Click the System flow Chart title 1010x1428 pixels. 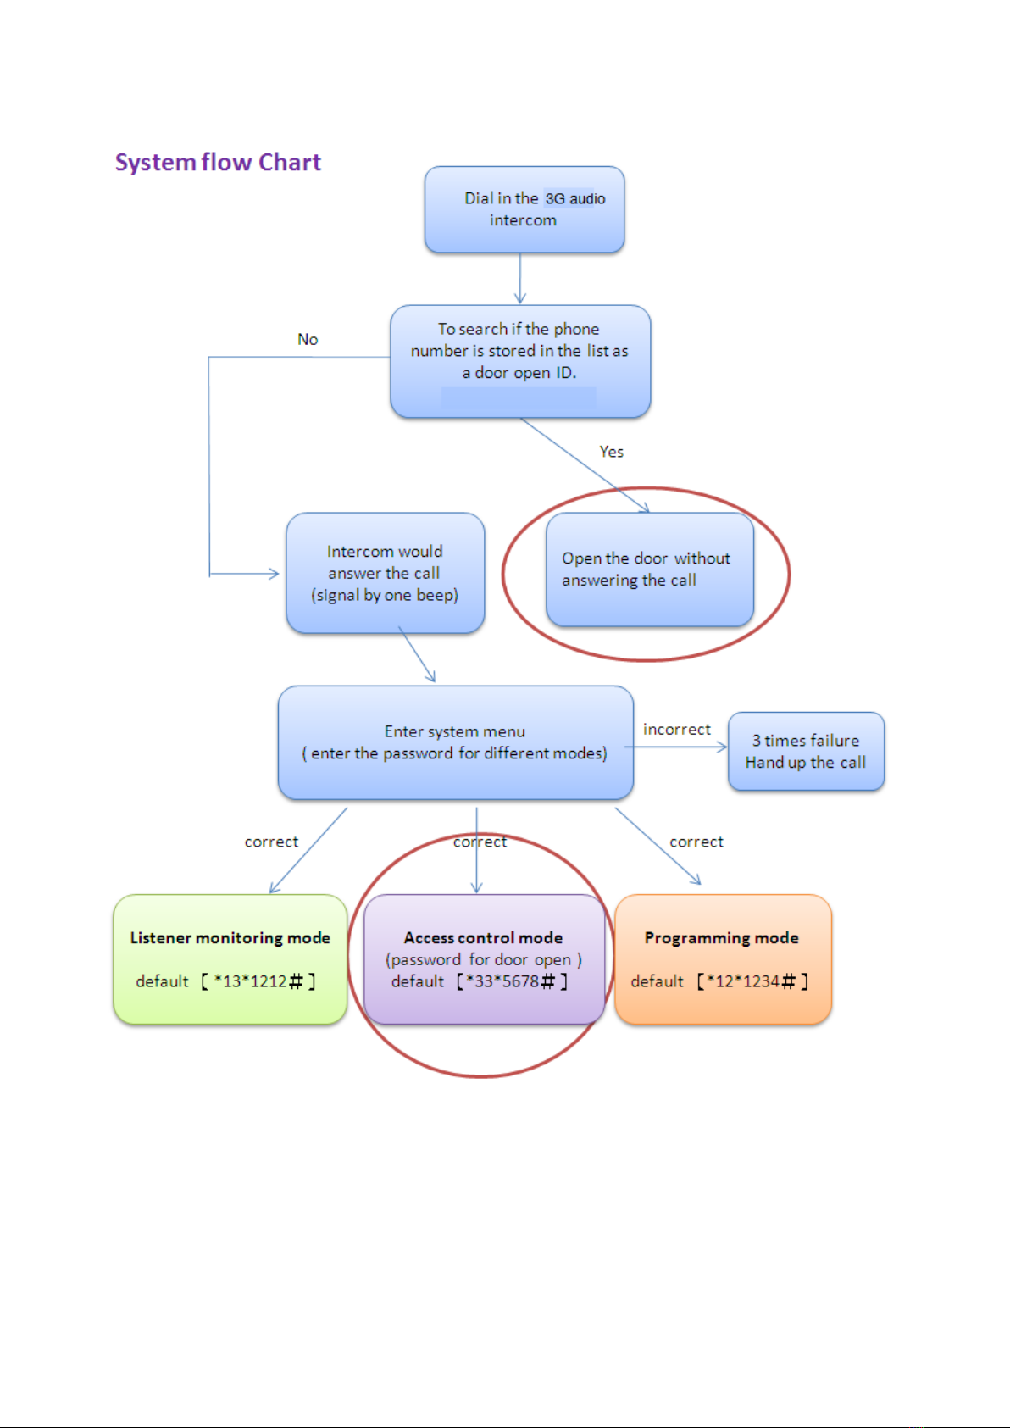click(x=218, y=163)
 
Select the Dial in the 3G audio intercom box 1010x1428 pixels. click(x=524, y=209)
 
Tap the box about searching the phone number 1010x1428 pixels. click(x=520, y=362)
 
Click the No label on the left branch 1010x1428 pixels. click(x=308, y=339)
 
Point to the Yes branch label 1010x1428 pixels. click(x=611, y=452)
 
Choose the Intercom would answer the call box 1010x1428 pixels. click(x=386, y=573)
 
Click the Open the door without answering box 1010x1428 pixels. click(x=650, y=570)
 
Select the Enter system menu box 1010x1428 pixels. click(x=456, y=742)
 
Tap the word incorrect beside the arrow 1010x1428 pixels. click(x=677, y=730)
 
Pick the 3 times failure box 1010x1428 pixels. click(x=806, y=752)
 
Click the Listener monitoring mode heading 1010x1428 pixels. click(x=230, y=938)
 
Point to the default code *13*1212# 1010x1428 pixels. click(x=258, y=981)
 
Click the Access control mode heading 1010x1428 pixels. click(x=484, y=938)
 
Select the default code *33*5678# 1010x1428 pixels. click(x=513, y=981)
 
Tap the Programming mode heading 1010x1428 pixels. click(x=721, y=938)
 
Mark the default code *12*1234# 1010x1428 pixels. click(x=752, y=981)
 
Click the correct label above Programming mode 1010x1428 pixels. click(x=696, y=842)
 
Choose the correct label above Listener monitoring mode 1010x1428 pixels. click(x=271, y=842)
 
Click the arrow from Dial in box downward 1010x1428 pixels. click(x=520, y=279)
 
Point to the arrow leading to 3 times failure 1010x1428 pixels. click(x=676, y=747)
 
